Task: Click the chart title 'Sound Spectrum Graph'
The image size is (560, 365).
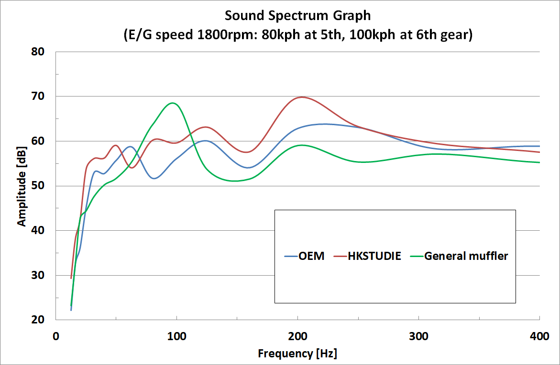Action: coord(297,16)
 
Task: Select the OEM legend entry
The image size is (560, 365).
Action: coord(311,256)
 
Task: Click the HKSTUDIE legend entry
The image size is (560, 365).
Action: coord(373,256)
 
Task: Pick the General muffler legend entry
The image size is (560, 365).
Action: coord(466,256)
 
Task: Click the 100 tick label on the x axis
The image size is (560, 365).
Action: coord(176,336)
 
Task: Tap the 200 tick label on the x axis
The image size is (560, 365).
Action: coord(297,336)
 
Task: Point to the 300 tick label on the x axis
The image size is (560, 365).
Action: coord(418,336)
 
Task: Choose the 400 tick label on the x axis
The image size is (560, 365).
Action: coord(539,336)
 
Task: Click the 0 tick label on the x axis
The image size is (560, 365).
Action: coord(56,336)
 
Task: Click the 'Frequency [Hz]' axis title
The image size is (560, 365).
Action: coord(297,354)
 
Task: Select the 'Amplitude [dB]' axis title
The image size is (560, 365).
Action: coord(22,186)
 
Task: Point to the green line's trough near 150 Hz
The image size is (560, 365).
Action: coord(234,181)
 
